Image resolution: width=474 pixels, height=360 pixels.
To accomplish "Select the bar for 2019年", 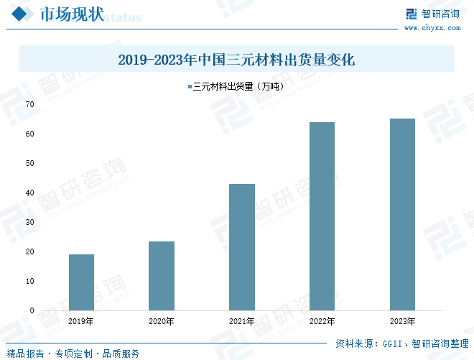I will pyautogui.click(x=81, y=282).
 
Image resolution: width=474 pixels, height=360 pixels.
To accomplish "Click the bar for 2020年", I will pyautogui.click(x=162, y=276).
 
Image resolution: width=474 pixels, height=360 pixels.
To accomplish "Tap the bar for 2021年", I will pyautogui.click(x=242, y=247).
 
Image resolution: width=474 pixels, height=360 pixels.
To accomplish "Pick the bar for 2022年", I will pyautogui.click(x=322, y=216).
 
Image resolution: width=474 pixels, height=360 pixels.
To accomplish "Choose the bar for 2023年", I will pyautogui.click(x=402, y=214).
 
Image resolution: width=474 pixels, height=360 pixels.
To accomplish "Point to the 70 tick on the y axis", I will pyautogui.click(x=30, y=104).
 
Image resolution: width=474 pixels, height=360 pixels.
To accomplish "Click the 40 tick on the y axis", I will pyautogui.click(x=30, y=193).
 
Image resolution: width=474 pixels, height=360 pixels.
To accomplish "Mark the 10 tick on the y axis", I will pyautogui.click(x=30, y=281).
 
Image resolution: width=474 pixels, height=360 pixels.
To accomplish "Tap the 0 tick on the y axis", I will pyautogui.click(x=32, y=310).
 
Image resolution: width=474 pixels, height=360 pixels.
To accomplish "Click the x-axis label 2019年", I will pyautogui.click(x=81, y=321).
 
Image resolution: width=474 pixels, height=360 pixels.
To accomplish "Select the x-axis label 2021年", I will pyautogui.click(x=242, y=321).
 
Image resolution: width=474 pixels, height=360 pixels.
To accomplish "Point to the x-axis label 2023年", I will pyautogui.click(x=402, y=321).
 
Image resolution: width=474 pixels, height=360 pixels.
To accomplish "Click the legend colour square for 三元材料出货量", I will pyautogui.click(x=190, y=87).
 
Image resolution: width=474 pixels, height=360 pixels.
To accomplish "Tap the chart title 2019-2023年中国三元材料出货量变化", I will pyautogui.click(x=236, y=60).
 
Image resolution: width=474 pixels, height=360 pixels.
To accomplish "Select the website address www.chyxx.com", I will pyautogui.click(x=432, y=28).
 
